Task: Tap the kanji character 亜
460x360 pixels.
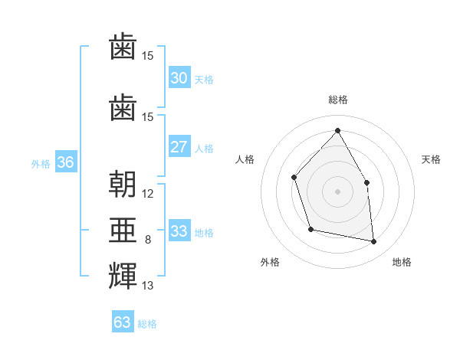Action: pos(123,229)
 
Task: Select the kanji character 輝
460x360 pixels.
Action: pos(123,276)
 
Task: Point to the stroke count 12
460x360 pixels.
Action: pos(148,194)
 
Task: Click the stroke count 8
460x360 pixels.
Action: pos(148,240)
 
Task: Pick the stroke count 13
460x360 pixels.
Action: pos(148,286)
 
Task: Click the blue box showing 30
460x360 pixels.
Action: pos(179,78)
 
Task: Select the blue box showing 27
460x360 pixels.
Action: pos(179,147)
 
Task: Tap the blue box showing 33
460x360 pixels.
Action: pos(179,231)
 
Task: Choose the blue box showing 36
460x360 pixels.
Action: pos(65,162)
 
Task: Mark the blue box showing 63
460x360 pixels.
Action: pos(123,322)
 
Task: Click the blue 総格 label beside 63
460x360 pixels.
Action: pos(147,324)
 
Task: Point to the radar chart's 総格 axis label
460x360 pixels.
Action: pos(337,100)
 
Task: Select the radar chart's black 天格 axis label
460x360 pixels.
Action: pos(432,159)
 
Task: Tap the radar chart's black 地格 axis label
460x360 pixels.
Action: pos(402,262)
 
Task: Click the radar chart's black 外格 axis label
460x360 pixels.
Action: pos(270,262)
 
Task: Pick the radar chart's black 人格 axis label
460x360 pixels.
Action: pos(245,159)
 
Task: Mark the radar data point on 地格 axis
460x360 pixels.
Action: pos(374,242)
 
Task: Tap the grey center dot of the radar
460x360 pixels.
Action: pos(337,191)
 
